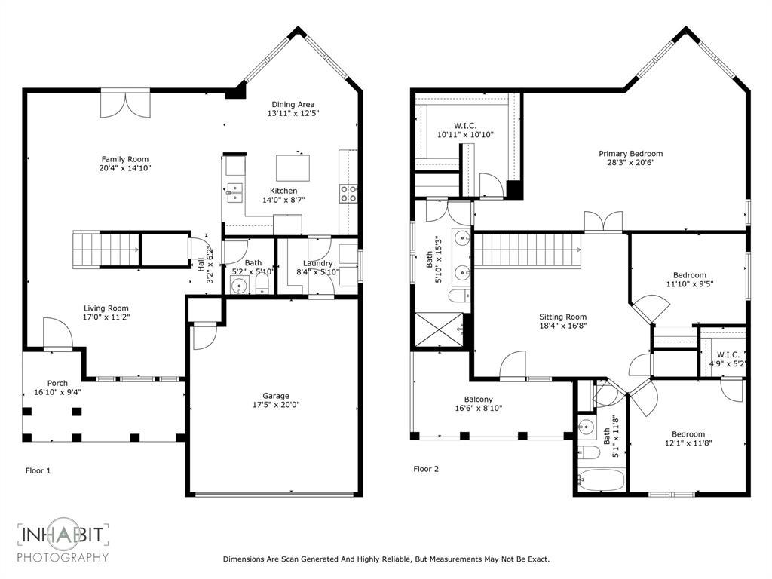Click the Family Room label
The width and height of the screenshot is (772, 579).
125,159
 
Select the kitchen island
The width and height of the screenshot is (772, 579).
294,165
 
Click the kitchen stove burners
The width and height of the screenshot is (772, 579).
349,194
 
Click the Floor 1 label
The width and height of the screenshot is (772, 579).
38,470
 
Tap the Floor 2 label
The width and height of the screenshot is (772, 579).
426,469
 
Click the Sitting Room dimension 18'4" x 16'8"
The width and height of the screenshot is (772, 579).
562,326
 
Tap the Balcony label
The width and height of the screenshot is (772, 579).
479,400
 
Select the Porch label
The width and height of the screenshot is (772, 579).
57,383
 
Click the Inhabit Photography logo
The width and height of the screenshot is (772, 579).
63,542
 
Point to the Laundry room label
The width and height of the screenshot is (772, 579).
313,263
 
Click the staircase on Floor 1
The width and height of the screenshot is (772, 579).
106,250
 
